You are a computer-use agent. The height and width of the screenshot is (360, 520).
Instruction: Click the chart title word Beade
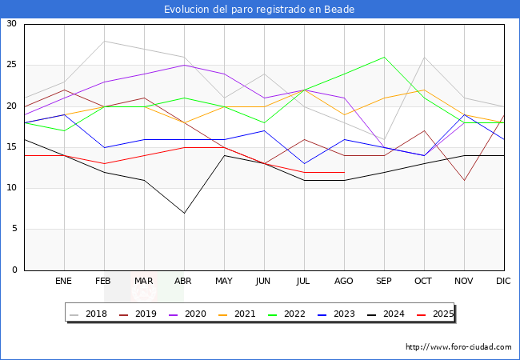coord(339,10)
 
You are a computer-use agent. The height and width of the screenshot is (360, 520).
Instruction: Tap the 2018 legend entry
coord(89,314)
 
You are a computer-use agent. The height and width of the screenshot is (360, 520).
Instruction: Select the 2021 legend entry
coord(237,314)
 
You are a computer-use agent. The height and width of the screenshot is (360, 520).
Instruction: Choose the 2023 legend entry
coord(336,314)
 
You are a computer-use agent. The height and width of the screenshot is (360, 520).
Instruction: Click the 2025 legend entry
coord(435,314)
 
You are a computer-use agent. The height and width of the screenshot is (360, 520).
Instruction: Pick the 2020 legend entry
coord(188,314)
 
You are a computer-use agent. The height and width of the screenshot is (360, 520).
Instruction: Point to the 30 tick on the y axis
coord(12,23)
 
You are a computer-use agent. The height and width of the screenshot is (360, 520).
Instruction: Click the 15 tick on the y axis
coord(12,147)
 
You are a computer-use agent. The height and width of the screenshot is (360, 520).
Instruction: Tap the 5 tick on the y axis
coord(14,229)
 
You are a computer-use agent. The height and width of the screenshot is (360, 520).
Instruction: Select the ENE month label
coord(63,281)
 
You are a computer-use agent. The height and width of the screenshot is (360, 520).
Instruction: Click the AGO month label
coord(343,281)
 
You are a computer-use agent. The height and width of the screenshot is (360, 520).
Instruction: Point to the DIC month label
coord(503,281)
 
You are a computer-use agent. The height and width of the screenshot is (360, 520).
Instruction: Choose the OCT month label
coord(423,281)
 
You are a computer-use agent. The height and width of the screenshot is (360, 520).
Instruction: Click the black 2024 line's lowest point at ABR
coord(184,213)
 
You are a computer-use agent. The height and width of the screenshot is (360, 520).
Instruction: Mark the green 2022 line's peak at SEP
coord(384,57)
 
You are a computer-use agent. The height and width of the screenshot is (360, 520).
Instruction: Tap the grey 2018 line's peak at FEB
coord(105,41)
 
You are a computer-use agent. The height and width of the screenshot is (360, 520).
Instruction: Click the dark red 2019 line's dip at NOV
coord(464,180)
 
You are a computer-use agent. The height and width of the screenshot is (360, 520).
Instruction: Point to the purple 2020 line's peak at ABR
coord(184,66)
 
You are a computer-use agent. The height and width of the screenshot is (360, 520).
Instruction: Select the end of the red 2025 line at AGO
coord(344,172)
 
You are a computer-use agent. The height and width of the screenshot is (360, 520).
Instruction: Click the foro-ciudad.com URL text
coord(458,346)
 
